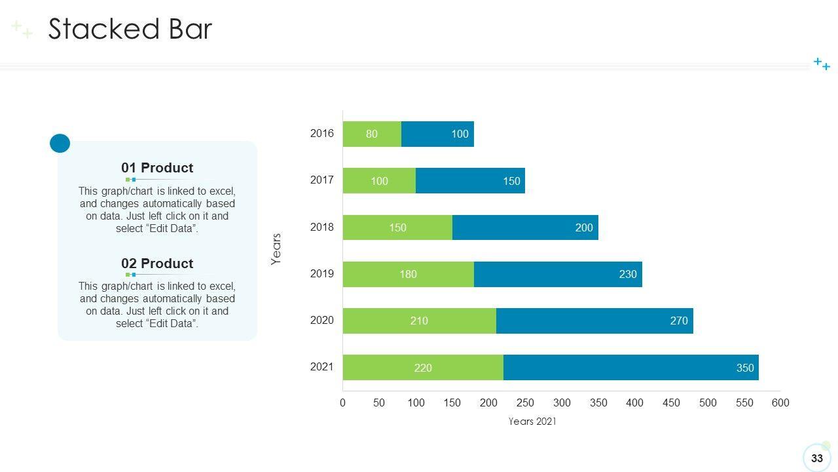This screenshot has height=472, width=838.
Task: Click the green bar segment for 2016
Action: (x=372, y=134)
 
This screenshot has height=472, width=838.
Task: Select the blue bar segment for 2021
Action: (x=630, y=367)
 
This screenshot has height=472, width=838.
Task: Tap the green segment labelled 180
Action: (x=408, y=274)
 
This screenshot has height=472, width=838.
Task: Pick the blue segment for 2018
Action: (x=525, y=227)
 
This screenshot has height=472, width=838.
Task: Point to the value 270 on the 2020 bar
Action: (x=679, y=321)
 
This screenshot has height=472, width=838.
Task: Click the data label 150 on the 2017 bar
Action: (x=511, y=181)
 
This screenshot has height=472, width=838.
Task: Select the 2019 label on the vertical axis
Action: (x=321, y=273)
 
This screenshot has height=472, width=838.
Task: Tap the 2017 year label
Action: (x=321, y=180)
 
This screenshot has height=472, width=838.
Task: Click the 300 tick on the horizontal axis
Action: (x=562, y=403)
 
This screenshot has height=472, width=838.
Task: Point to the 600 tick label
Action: (x=780, y=403)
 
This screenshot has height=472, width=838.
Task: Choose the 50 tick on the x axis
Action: (x=379, y=403)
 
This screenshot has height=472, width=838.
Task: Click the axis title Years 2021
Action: (x=532, y=422)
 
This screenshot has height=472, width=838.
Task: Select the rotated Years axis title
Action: (x=276, y=249)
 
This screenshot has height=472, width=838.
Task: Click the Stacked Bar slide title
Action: (x=130, y=29)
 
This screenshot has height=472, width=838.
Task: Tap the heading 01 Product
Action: (x=157, y=168)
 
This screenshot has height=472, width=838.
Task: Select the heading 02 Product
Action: (x=157, y=264)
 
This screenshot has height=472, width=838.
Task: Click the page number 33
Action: (x=816, y=458)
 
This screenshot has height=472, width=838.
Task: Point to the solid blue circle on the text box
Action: (x=60, y=143)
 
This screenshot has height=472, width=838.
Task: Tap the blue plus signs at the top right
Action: (x=822, y=64)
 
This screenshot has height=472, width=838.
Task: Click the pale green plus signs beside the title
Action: (x=22, y=29)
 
